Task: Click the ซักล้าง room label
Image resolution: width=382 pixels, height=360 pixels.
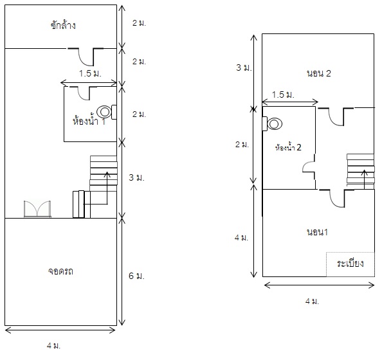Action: [x=63, y=25]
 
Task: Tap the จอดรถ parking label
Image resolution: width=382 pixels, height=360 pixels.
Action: [x=60, y=271]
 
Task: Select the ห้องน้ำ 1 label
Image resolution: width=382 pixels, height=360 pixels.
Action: [x=89, y=121]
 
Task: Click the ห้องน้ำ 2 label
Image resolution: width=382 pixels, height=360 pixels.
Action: [x=288, y=147]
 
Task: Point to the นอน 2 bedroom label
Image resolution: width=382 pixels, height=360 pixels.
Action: [x=319, y=73]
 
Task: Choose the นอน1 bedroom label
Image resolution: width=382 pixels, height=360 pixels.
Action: [x=317, y=232]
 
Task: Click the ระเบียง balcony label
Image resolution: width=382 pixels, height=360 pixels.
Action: [x=350, y=264]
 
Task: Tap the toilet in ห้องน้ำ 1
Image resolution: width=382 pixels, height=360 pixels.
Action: [x=107, y=112]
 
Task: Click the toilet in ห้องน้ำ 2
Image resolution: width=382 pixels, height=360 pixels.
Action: [x=272, y=123]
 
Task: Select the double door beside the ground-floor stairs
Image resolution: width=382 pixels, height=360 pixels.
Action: [x=37, y=209]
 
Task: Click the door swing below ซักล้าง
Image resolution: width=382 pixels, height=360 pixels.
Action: [x=86, y=57]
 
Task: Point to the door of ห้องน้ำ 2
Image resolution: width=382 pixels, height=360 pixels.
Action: [x=309, y=167]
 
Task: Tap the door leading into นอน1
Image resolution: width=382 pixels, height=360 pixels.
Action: [x=337, y=198]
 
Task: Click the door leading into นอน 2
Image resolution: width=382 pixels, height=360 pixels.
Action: [x=336, y=116]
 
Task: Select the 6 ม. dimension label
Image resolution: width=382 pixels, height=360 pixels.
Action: [x=136, y=276]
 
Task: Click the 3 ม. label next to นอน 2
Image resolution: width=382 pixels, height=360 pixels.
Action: [x=244, y=67]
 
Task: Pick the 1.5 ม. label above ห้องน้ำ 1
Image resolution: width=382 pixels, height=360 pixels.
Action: [x=90, y=73]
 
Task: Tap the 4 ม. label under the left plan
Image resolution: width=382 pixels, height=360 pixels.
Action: [x=53, y=345]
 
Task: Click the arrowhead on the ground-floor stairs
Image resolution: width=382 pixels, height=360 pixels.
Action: [x=107, y=174]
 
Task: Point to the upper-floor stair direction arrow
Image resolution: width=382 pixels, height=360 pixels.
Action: [x=364, y=179]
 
